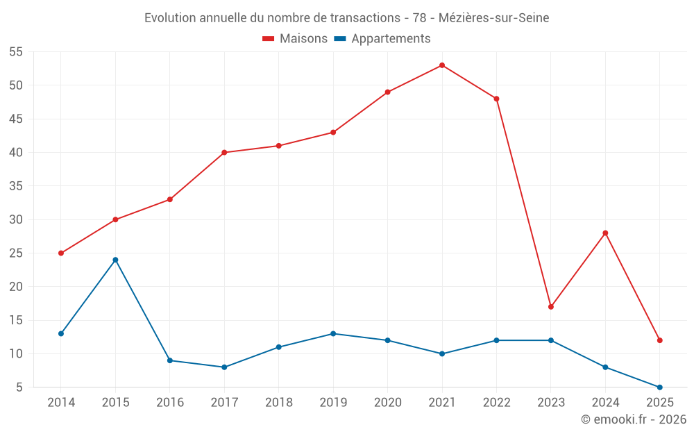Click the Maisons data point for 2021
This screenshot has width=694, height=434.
tap(442, 65)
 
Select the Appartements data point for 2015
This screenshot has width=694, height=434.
tap(115, 260)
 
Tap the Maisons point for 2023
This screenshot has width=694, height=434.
tap(551, 307)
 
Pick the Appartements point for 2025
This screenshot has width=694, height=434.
tap(660, 387)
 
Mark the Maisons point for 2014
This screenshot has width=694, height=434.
tap(61, 253)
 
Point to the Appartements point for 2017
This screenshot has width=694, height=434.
tap(224, 367)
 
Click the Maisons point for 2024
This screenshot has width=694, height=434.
tap(605, 233)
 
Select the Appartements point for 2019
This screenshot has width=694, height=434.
tap(333, 334)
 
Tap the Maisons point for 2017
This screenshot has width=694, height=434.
tap(224, 153)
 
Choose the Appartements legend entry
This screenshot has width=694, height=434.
tap(391, 39)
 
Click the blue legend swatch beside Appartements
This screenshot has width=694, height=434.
tap(340, 39)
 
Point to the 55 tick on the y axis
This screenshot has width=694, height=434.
tap(16, 52)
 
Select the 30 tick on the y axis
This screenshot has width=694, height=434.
tap(16, 219)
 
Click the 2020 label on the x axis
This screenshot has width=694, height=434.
tap(387, 403)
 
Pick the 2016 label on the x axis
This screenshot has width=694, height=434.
tap(169, 403)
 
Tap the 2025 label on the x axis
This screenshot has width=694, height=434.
tap(660, 403)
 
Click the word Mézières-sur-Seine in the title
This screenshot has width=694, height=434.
tap(493, 18)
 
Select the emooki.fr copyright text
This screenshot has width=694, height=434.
tap(634, 419)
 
